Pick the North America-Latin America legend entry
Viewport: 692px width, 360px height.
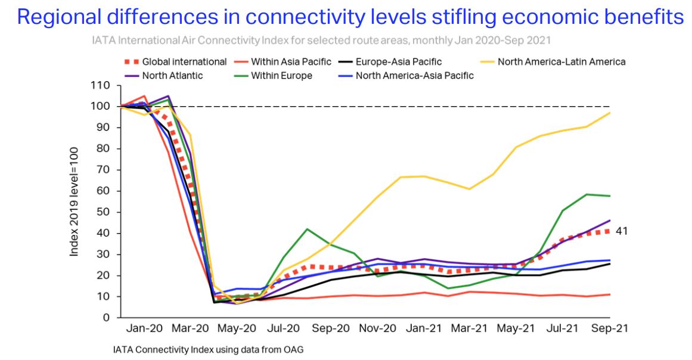[x=561, y=61]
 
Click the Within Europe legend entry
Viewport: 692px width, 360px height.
[x=281, y=76]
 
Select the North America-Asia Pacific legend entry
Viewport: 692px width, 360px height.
[x=414, y=76]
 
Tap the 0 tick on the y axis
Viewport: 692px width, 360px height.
[x=108, y=318]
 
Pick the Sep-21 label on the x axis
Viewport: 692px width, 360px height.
[x=609, y=328]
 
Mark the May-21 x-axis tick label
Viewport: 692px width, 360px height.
[x=516, y=328]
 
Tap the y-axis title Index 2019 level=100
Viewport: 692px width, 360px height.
[x=75, y=201]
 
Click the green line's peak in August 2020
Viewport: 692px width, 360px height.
[x=306, y=229]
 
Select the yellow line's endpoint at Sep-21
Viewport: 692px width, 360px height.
[x=609, y=113]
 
